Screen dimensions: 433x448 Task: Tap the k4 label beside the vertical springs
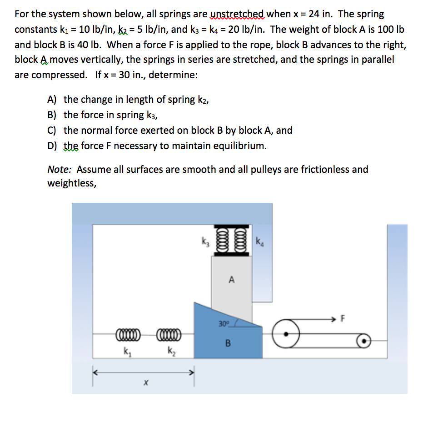coord(259,241)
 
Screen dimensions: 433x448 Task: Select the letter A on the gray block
coord(232,280)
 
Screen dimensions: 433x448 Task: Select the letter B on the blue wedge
coord(229,343)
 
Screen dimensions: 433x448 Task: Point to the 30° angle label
coord(223,324)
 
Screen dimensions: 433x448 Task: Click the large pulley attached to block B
coord(286,334)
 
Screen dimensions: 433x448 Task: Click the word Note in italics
coord(60,170)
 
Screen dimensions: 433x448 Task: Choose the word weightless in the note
coord(70,183)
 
